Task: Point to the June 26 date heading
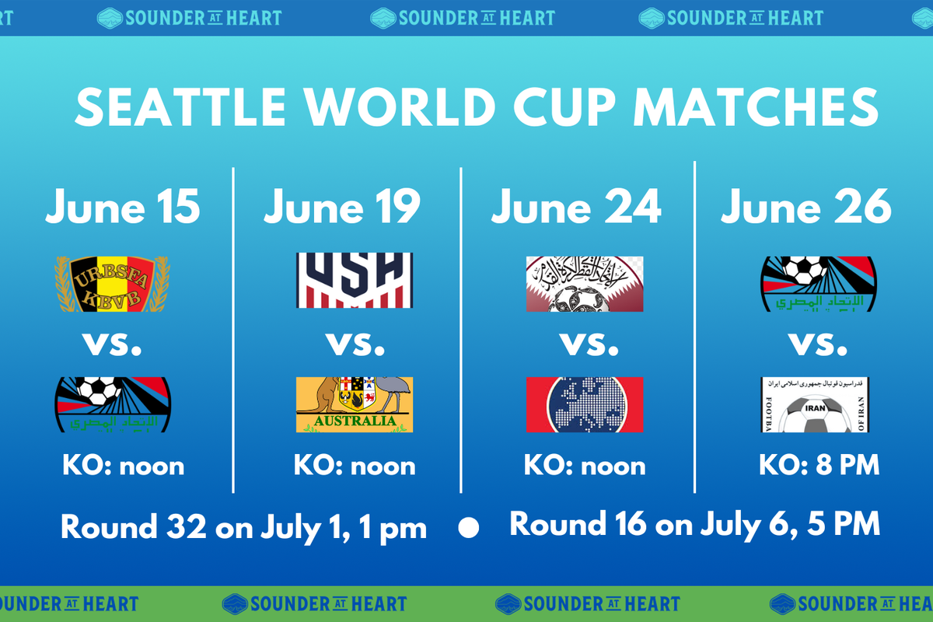pyautogui.click(x=805, y=207)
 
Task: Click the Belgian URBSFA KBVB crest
pyautogui.click(x=113, y=285)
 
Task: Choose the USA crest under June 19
pyautogui.click(x=355, y=281)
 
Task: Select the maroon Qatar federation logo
pyautogui.click(x=585, y=285)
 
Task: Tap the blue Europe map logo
pyautogui.click(x=585, y=405)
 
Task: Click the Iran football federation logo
pyautogui.click(x=815, y=405)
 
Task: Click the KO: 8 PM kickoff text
pyautogui.click(x=819, y=465)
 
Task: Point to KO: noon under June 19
pyautogui.click(x=355, y=465)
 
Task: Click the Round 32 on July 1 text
pyautogui.click(x=243, y=527)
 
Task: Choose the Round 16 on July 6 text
pyautogui.click(x=694, y=524)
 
